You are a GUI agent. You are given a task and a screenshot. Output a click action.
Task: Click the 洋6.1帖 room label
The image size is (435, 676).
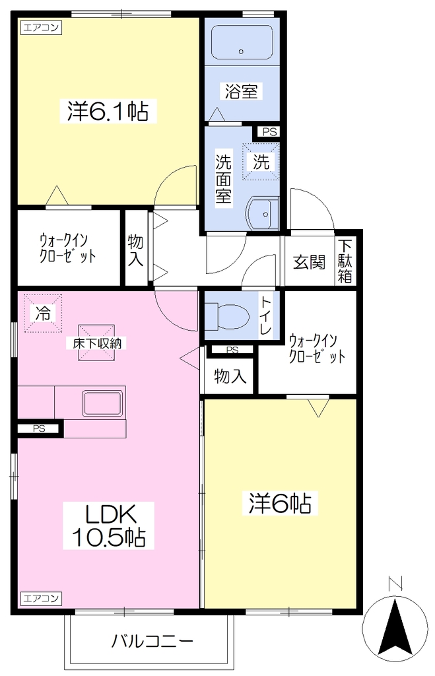(108, 111)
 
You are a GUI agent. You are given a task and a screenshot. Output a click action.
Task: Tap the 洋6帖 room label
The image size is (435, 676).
(280, 502)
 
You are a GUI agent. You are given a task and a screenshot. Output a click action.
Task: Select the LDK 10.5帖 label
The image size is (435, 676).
(109, 525)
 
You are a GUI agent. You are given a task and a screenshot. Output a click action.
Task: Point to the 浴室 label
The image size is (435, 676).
(241, 91)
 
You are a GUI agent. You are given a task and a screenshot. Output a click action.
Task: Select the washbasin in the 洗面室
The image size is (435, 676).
(263, 213)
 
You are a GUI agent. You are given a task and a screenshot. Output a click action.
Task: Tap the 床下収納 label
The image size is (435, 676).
(97, 343)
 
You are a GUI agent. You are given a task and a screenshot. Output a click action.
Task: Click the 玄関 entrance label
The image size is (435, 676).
(309, 261)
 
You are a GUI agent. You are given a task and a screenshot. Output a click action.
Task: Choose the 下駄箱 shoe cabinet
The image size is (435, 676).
(345, 261)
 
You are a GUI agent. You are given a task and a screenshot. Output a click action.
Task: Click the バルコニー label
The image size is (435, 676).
(152, 641)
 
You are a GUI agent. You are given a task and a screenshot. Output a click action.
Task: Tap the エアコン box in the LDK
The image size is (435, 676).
(41, 598)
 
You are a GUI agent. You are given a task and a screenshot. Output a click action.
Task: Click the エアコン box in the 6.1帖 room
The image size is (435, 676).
(41, 28)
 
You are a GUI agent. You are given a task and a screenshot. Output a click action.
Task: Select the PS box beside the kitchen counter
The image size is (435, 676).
(40, 428)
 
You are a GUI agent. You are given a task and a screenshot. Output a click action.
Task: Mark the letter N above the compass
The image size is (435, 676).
(395, 584)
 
